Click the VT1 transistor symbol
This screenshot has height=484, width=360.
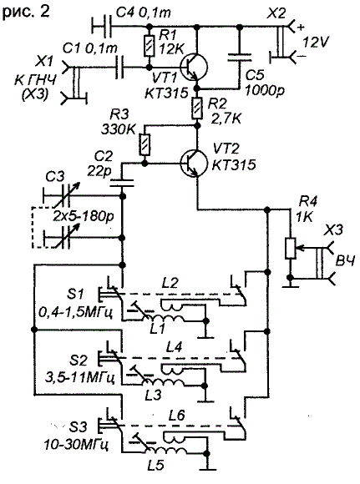[194, 68]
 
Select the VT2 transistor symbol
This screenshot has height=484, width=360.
[194, 163]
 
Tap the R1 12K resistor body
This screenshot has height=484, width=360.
[149, 46]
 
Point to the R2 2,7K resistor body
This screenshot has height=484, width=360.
[197, 108]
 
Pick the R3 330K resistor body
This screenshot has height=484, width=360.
[145, 144]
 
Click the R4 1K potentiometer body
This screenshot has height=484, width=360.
[291, 248]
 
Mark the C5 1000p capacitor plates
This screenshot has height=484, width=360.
[239, 57]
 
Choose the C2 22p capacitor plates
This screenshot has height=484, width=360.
[123, 183]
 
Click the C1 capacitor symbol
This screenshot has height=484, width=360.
[120, 68]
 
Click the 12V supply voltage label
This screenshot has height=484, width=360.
[316, 43]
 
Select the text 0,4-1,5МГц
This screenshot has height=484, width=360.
[76, 314]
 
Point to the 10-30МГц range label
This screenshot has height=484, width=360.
[76, 445]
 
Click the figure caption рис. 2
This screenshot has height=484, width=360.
[26, 13]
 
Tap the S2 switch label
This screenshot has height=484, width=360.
[79, 360]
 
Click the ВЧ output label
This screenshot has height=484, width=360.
[346, 261]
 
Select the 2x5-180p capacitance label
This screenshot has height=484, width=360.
[84, 216]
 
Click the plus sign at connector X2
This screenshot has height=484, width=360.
[301, 28]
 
